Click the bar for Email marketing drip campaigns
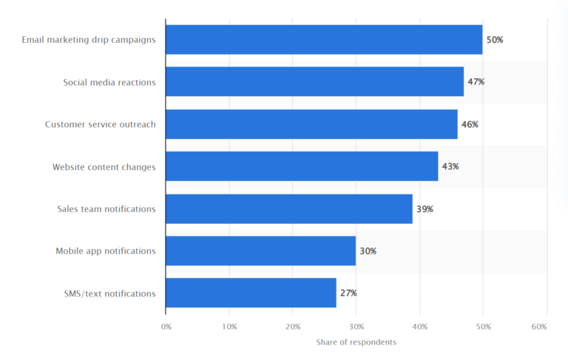(x=324, y=39)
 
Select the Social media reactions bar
(x=314, y=82)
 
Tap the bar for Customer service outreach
(x=311, y=124)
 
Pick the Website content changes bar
(x=302, y=166)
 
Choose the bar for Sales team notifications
(x=289, y=209)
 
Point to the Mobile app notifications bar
(x=260, y=251)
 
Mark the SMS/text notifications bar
(x=251, y=293)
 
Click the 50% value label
(x=495, y=40)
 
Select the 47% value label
(x=476, y=82)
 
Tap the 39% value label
(x=425, y=209)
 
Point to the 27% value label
(x=348, y=293)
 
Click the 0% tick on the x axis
(x=166, y=326)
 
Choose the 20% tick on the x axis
(x=293, y=326)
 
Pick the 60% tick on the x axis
(x=546, y=326)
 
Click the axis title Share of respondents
(x=356, y=342)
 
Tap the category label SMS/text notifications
(x=109, y=293)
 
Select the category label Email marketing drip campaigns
(x=89, y=40)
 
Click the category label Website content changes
(x=104, y=167)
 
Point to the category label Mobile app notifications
(x=105, y=251)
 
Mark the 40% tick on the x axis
(x=419, y=326)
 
